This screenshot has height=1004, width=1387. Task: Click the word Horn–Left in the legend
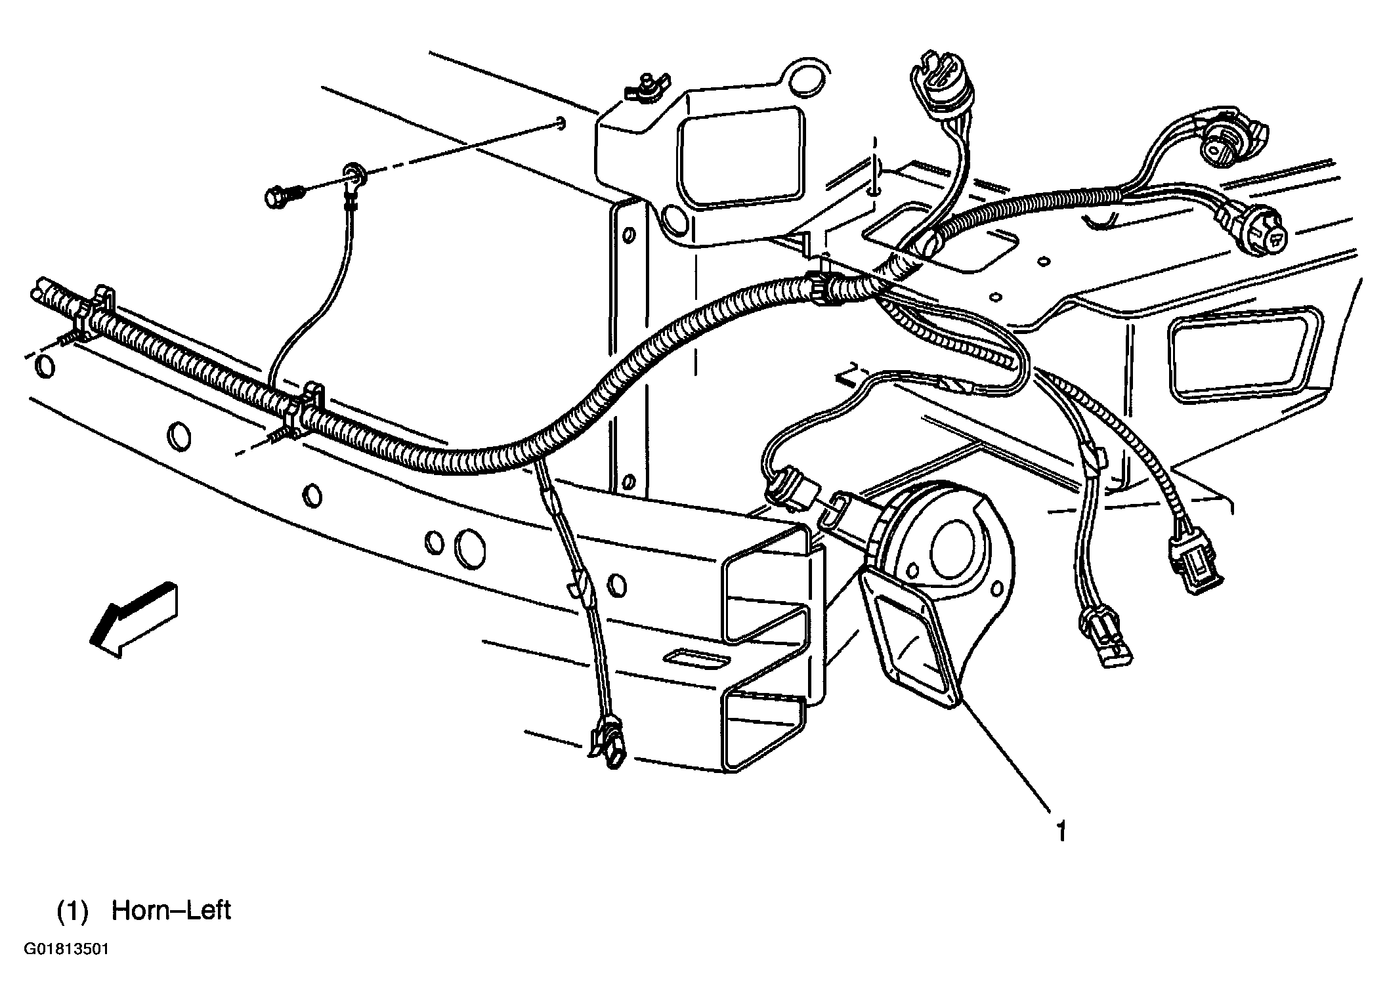(x=171, y=911)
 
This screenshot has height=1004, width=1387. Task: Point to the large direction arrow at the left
(x=134, y=619)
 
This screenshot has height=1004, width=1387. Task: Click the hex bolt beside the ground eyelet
(x=284, y=194)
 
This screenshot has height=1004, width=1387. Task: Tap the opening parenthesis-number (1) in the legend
(x=72, y=912)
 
